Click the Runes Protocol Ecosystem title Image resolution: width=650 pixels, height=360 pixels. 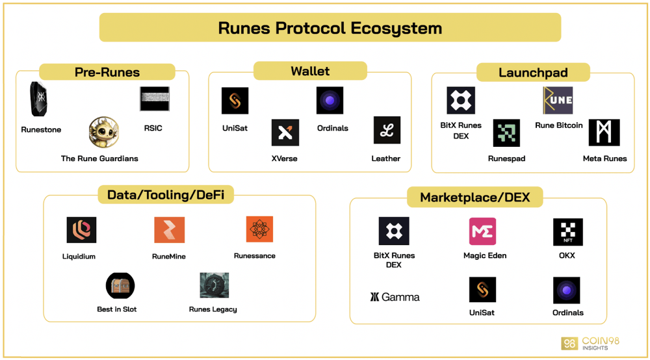[x=330, y=28]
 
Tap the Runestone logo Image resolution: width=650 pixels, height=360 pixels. [x=38, y=99]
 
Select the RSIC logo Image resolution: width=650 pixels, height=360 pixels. [x=155, y=99]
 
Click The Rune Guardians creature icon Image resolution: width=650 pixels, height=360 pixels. [x=103, y=133]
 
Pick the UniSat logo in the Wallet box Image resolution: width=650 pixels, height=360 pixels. [x=235, y=101]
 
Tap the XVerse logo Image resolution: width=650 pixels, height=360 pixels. [x=285, y=133]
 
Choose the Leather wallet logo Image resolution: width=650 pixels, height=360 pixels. [x=387, y=130]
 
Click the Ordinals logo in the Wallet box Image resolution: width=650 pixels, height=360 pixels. [x=330, y=100]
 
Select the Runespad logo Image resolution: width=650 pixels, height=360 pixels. [x=506, y=133]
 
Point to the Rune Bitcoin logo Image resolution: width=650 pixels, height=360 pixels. [x=558, y=100]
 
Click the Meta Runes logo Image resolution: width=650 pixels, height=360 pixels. [x=604, y=133]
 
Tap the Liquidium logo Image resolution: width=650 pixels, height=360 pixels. [x=81, y=230]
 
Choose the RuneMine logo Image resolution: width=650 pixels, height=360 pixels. [x=170, y=230]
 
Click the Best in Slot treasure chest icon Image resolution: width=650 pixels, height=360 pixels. [x=120, y=285]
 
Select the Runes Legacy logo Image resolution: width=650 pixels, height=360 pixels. [x=214, y=285]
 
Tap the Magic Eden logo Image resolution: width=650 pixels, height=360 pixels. [x=482, y=231]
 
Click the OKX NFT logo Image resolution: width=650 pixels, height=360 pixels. [x=568, y=232]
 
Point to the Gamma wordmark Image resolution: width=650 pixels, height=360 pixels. [x=395, y=297]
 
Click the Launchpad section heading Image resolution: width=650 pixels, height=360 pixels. [x=533, y=73]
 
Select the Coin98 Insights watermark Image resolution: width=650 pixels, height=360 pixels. [x=590, y=343]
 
